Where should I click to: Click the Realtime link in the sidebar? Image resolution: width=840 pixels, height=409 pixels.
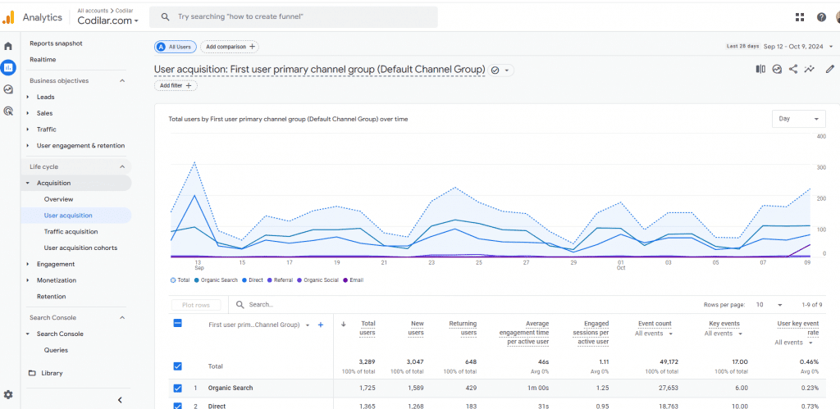point(43,59)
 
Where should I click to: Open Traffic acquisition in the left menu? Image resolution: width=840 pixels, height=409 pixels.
point(71,232)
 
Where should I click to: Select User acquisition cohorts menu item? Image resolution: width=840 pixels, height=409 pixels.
point(80,248)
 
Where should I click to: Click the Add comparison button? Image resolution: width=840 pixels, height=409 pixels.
point(230,47)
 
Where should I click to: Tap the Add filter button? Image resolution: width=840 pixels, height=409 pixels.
point(176,86)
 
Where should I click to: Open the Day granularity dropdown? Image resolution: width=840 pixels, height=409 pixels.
point(799,119)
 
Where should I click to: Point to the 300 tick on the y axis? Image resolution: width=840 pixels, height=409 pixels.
point(820,167)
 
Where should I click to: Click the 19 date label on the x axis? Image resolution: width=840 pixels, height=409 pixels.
point(336,263)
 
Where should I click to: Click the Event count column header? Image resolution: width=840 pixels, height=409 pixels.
point(655,324)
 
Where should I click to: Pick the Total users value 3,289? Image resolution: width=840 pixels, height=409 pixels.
point(367,362)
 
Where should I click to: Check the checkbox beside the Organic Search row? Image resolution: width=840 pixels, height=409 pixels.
point(178,389)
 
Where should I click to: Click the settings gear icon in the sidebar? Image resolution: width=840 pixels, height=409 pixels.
point(8,395)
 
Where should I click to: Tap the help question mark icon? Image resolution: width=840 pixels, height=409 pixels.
point(821,17)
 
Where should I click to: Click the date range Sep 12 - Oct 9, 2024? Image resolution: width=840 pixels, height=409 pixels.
point(793,47)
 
